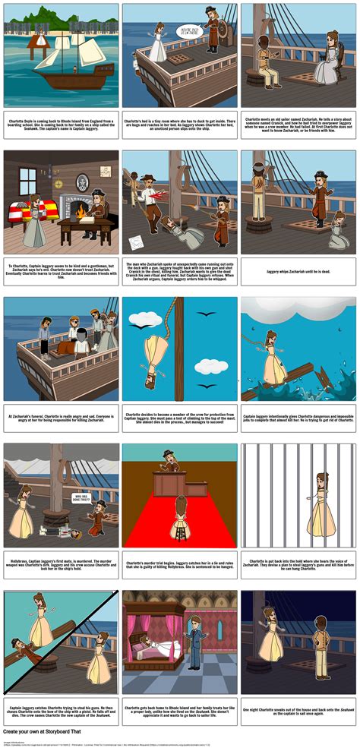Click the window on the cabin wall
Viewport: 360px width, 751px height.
coord(29,181)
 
